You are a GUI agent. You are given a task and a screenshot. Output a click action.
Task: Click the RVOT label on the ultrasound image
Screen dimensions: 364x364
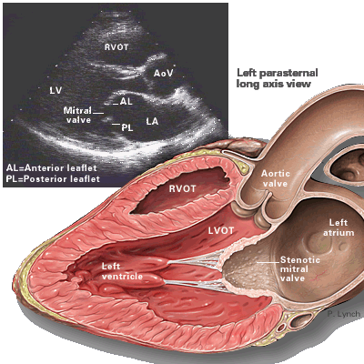[x=116, y=47]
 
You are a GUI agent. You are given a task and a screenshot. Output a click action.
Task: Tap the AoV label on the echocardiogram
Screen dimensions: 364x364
[x=163, y=73]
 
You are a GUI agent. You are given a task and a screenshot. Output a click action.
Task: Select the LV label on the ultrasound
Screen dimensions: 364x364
[x=56, y=90]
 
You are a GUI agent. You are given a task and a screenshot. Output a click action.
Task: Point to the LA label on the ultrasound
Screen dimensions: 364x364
[x=152, y=122]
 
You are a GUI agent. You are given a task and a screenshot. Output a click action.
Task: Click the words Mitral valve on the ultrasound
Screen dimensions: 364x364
[x=77, y=115]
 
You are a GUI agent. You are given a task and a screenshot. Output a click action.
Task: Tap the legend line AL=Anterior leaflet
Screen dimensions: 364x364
[x=51, y=168]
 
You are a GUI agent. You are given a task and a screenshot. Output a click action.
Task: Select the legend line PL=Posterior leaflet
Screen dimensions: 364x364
[x=53, y=179]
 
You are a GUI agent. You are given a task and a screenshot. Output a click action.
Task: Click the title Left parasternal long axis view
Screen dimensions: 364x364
[x=278, y=78]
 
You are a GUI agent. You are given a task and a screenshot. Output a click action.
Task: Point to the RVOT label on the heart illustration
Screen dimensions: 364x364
[x=182, y=189]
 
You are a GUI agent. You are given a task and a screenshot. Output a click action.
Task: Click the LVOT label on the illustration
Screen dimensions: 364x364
[x=221, y=231]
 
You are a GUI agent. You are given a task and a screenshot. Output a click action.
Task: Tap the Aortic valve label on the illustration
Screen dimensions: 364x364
[x=276, y=178]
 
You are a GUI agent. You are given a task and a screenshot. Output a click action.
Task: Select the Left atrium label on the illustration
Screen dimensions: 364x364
[x=339, y=227]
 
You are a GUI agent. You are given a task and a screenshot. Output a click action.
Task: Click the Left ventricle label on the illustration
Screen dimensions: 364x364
[x=122, y=271]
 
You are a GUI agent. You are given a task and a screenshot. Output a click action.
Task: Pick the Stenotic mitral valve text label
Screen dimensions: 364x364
[x=300, y=268]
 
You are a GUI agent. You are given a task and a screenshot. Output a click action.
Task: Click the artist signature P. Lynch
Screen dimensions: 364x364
[x=344, y=314]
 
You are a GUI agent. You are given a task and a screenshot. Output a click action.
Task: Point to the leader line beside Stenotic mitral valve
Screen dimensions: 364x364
[x=268, y=261]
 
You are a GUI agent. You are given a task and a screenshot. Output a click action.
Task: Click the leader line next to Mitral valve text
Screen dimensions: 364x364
[x=98, y=113]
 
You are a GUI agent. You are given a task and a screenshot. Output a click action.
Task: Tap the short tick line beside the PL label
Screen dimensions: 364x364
[x=116, y=124]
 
